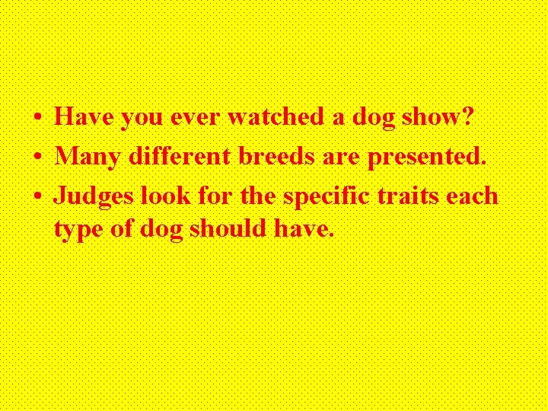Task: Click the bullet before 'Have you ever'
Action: (37, 119)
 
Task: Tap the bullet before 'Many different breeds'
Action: (37, 158)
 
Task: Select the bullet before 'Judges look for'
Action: (37, 197)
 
